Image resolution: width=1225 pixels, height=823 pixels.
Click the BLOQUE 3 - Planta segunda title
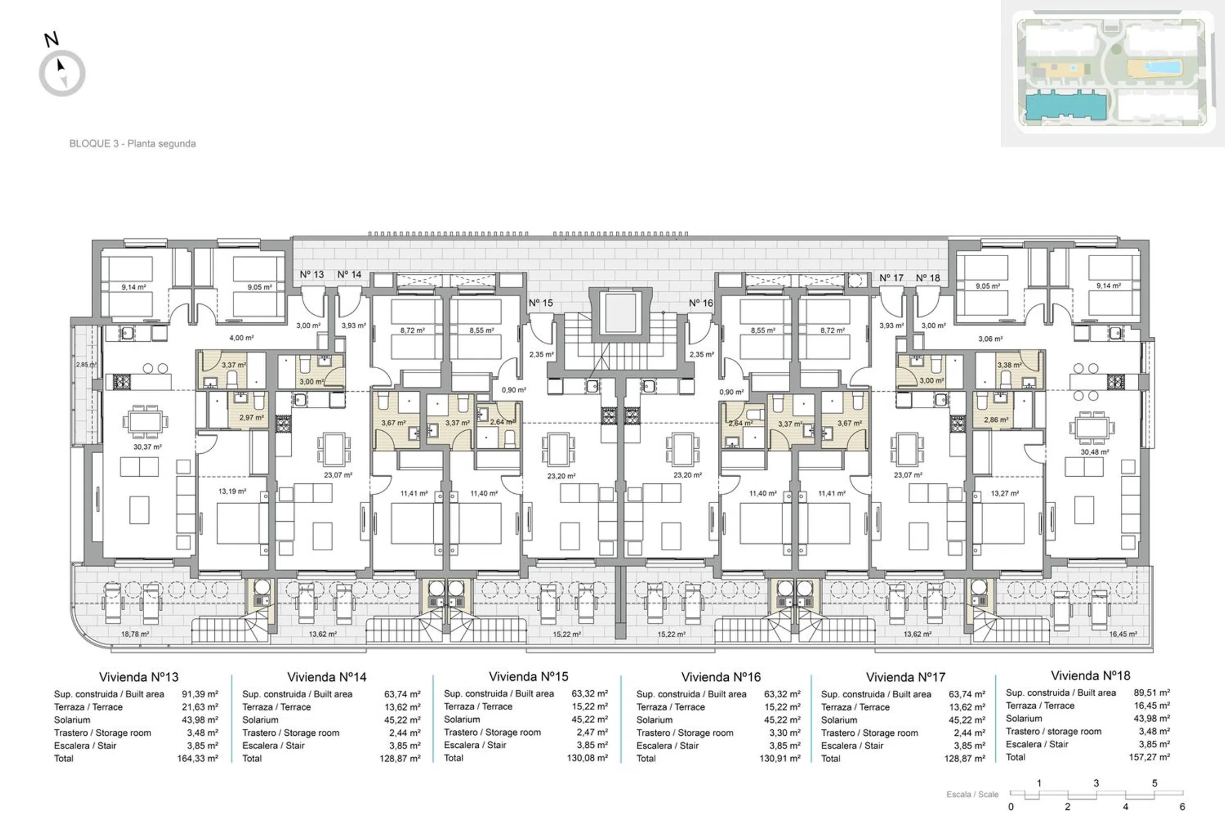coord(132,144)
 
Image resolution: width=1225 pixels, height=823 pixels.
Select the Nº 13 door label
coord(311,274)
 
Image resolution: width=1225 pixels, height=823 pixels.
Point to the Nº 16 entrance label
coord(701,303)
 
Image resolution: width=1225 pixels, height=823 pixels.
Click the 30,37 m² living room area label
coord(148,447)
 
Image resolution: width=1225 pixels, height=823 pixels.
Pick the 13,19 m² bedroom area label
coord(232,491)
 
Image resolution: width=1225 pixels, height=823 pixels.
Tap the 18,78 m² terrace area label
coord(135,634)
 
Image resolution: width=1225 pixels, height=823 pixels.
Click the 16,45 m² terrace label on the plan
coord(1123,634)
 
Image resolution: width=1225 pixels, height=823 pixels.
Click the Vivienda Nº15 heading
coord(528,677)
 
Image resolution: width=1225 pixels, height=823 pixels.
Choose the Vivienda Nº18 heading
coord(1091,675)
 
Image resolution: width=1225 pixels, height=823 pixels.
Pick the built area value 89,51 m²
coord(1152,692)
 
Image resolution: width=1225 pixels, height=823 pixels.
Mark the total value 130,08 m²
coord(587,758)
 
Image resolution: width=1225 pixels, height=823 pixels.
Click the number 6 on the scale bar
coord(1182,807)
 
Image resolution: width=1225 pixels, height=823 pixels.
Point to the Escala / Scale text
coord(972,794)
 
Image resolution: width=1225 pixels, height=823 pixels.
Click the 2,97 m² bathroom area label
coord(251,418)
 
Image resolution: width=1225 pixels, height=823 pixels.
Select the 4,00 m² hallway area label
coord(241,338)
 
